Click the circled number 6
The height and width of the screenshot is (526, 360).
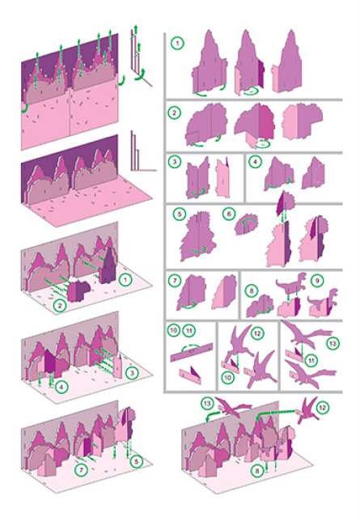pos(229,214)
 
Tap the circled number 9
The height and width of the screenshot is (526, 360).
pos(317,281)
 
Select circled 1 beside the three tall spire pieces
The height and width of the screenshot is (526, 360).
pos(177,43)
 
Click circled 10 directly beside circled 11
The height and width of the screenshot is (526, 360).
pos(173,330)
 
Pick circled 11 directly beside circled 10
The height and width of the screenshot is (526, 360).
pos(188,330)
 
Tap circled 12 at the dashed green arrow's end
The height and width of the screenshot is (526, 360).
pos(322,408)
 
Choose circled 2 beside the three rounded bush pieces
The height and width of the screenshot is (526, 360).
pos(174,112)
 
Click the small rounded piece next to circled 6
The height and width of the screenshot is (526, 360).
pos(246,224)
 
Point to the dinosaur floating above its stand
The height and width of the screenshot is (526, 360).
pos(291,284)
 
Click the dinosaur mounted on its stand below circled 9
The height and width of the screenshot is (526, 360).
pos(323,303)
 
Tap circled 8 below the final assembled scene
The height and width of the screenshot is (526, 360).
pos(257,471)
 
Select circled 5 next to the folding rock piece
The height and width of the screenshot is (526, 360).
pos(180,214)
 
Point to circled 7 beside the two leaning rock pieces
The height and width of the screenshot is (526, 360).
pos(174,281)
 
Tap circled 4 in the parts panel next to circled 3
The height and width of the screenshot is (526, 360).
pos(255,162)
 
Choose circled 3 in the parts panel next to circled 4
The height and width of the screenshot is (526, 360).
pos(174,162)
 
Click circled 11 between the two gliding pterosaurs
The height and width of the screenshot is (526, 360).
pos(311,361)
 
